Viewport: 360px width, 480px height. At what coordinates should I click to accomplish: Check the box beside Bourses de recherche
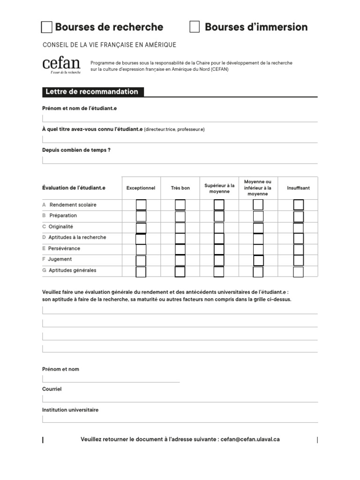click(x=47, y=27)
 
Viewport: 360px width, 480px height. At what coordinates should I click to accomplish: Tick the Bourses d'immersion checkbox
click(x=195, y=27)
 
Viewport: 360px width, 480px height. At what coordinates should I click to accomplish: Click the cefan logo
click(x=61, y=65)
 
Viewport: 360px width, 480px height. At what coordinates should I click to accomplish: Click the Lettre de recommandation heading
click(x=91, y=92)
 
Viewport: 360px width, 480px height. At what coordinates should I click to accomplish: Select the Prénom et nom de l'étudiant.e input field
click(x=180, y=118)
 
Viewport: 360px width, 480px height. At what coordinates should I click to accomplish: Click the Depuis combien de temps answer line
click(x=180, y=160)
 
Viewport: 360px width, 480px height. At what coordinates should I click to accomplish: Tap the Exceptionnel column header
click(x=141, y=188)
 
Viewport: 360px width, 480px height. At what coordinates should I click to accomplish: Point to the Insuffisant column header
click(x=298, y=188)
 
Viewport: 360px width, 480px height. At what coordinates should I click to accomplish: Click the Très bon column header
click(x=180, y=188)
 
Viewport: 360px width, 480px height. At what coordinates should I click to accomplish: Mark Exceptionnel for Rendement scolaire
click(x=141, y=205)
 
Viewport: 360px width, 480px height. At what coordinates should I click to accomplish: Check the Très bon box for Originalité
click(x=180, y=227)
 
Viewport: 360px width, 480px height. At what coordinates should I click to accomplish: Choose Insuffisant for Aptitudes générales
click(x=299, y=272)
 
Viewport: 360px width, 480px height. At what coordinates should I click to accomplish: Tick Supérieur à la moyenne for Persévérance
click(x=219, y=249)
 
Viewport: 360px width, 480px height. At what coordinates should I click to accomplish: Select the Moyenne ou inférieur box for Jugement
click(x=258, y=261)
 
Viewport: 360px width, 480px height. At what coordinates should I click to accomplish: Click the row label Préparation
click(x=63, y=216)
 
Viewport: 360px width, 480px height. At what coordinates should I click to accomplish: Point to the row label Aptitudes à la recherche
click(x=77, y=237)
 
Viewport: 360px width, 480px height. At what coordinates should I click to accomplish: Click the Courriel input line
click(x=180, y=398)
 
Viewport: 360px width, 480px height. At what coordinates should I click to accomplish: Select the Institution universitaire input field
click(x=180, y=419)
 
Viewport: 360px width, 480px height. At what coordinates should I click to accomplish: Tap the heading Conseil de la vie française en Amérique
click(x=109, y=45)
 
